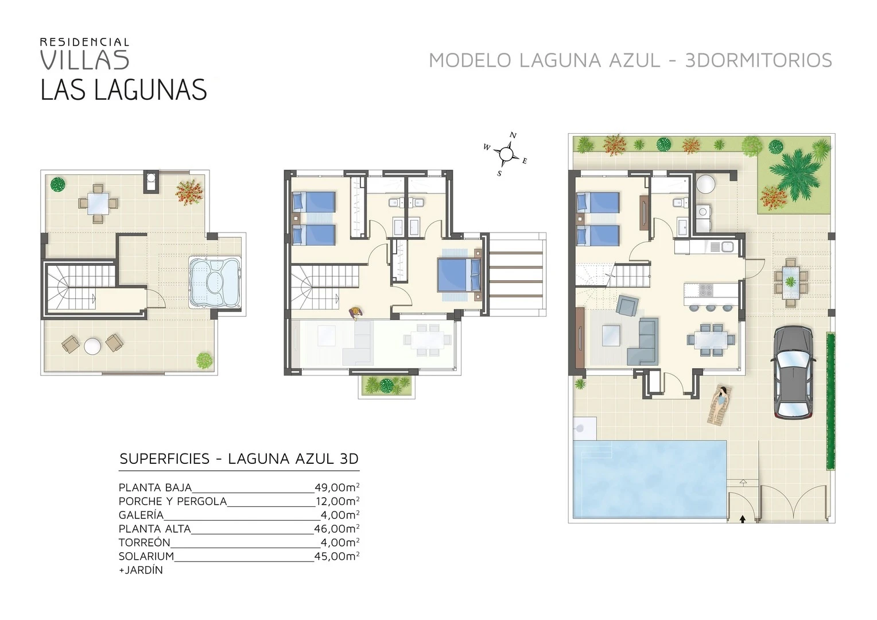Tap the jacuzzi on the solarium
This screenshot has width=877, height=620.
pyautogui.click(x=215, y=282)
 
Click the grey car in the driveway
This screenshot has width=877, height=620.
pyautogui.click(x=793, y=373)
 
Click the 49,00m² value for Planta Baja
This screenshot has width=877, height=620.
pyautogui.click(x=337, y=487)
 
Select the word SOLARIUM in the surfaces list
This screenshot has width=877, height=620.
pyautogui.click(x=146, y=556)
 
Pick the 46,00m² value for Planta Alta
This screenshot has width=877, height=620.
pyautogui.click(x=337, y=529)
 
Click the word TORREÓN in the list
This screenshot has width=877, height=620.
pyautogui.click(x=145, y=542)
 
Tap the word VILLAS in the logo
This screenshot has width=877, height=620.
pyautogui.click(x=84, y=60)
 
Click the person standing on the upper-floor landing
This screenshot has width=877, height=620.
pyautogui.click(x=356, y=313)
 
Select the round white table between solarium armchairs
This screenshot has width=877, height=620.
pyautogui.click(x=92, y=346)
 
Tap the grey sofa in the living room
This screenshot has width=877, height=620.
pyautogui.click(x=642, y=342)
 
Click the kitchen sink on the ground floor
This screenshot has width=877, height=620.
pyautogui.click(x=727, y=247)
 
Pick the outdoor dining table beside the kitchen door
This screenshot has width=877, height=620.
pyautogui.click(x=790, y=282)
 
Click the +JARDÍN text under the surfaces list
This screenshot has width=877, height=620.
pyautogui.click(x=141, y=570)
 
